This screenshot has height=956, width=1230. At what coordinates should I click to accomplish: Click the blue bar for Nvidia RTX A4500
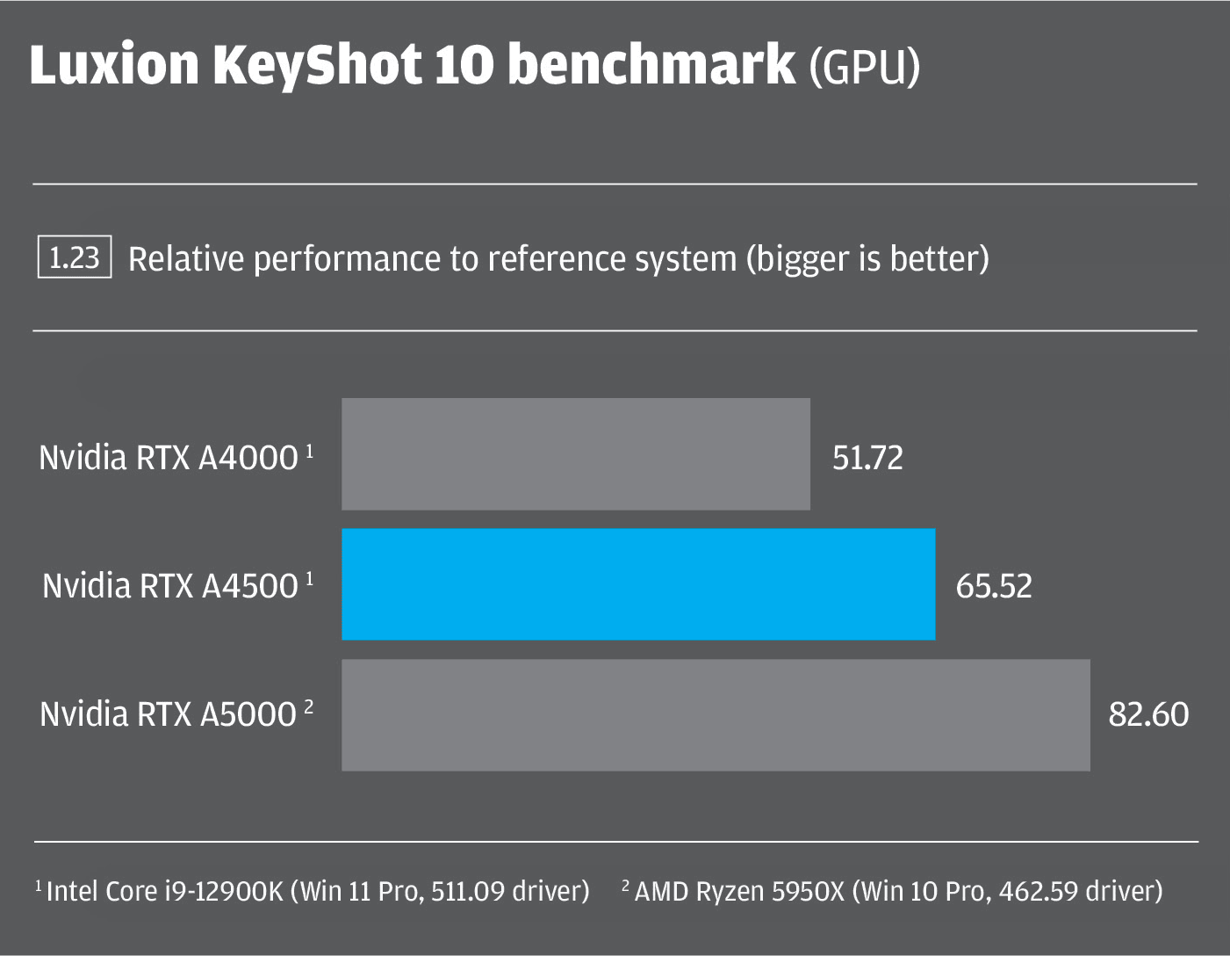(638, 584)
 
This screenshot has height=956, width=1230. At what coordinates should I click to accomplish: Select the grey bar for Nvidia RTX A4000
(575, 454)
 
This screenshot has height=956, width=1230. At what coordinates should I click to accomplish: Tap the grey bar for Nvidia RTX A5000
(716, 715)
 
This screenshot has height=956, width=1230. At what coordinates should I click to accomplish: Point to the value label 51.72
(867, 458)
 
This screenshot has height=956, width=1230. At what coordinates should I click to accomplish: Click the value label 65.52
(994, 586)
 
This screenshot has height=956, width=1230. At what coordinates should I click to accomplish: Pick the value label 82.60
(1148, 714)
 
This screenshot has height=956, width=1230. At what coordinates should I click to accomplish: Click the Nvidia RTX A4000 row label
(169, 458)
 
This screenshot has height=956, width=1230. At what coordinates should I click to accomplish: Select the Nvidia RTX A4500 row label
(170, 586)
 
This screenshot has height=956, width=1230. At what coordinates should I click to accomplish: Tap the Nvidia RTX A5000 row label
(169, 714)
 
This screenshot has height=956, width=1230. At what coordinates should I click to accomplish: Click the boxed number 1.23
(75, 257)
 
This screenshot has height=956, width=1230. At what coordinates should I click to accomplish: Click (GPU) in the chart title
(864, 67)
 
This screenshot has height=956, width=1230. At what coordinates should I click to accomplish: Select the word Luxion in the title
(114, 65)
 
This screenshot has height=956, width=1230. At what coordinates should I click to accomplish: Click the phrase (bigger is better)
(867, 259)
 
